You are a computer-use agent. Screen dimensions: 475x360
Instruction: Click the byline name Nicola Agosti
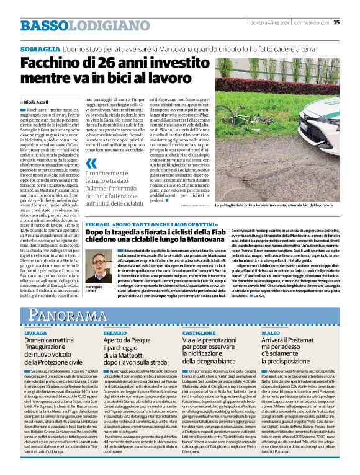38,100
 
